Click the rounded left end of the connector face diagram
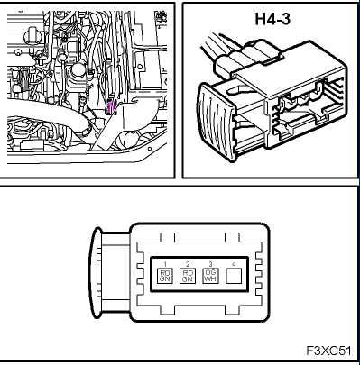click(x=105, y=270)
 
